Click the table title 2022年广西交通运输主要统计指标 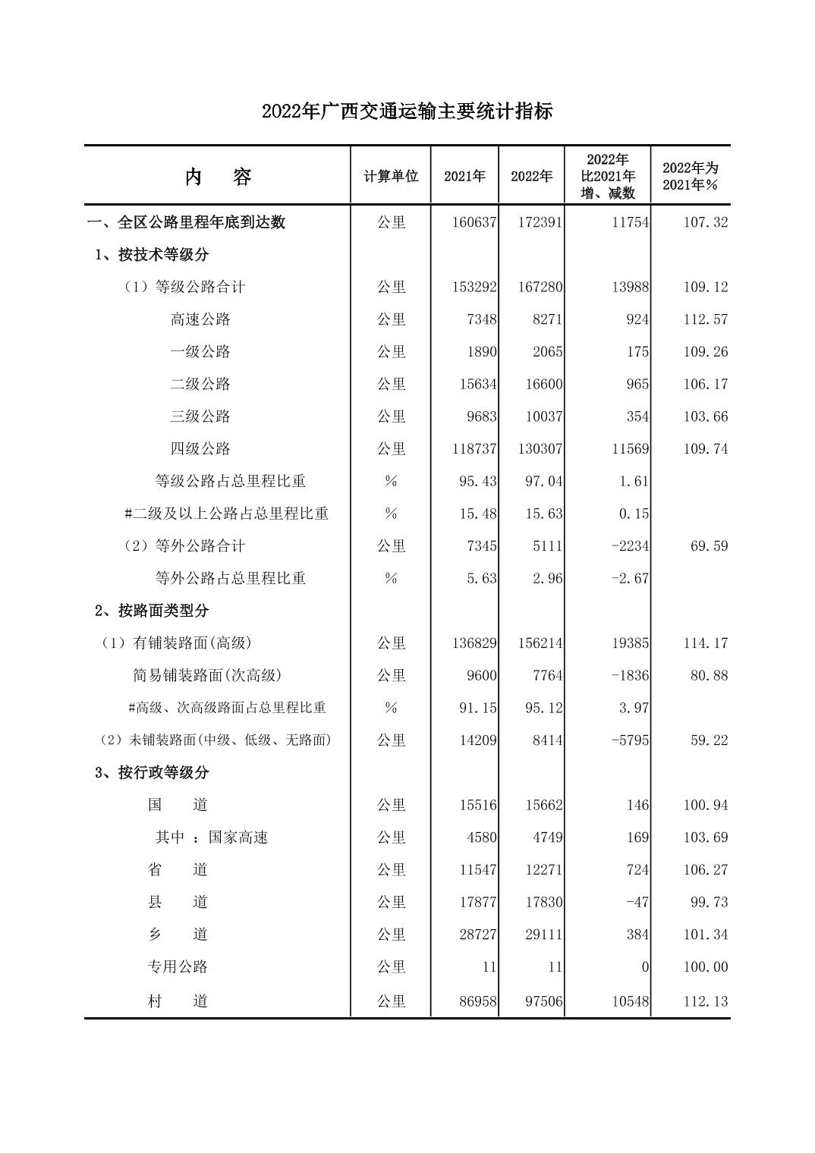(x=407, y=112)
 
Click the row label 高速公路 (x=200, y=319)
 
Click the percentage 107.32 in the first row (x=705, y=222)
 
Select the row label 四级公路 (x=200, y=449)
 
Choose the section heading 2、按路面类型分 (x=152, y=611)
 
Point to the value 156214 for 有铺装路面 (x=540, y=643)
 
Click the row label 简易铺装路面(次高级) (x=207, y=675)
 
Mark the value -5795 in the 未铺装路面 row (x=630, y=740)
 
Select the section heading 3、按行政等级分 (x=152, y=773)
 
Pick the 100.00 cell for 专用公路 (x=705, y=967)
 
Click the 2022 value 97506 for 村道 (x=543, y=1001)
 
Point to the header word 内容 (x=218, y=178)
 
